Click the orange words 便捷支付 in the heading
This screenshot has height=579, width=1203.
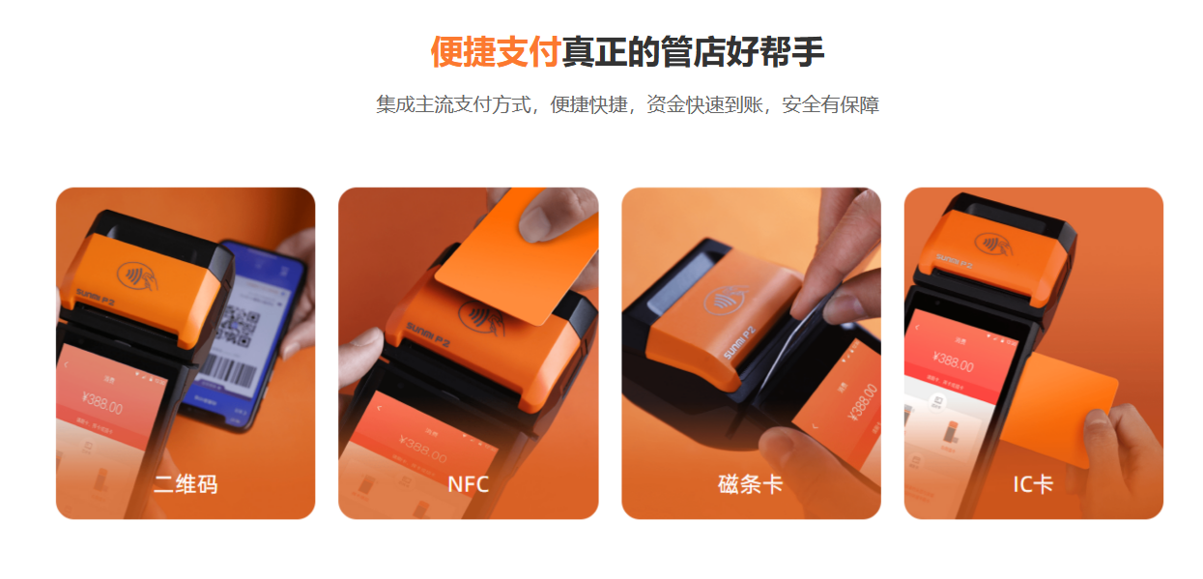click(x=495, y=52)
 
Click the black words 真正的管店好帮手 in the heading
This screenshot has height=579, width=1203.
click(x=693, y=52)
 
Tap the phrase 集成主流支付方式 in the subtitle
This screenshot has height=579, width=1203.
click(x=454, y=104)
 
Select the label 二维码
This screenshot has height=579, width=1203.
click(x=186, y=484)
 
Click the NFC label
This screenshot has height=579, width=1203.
click(x=468, y=484)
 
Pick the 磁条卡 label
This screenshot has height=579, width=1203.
click(x=750, y=484)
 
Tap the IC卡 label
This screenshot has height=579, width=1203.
click(x=1032, y=484)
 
